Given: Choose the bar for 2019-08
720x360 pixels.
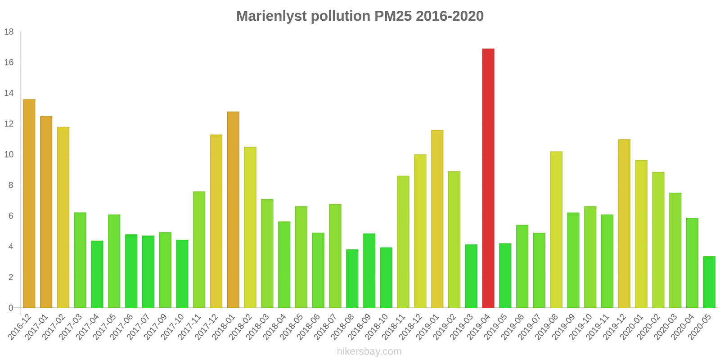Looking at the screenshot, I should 556,229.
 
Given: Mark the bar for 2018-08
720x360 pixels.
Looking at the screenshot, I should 352,279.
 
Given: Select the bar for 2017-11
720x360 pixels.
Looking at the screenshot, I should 199,250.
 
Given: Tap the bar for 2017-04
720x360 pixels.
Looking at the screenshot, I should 97,274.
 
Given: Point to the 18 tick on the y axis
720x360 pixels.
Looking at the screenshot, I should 9,32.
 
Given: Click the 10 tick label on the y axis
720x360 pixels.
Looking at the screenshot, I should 9,155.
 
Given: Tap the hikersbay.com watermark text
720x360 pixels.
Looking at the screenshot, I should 369,351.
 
